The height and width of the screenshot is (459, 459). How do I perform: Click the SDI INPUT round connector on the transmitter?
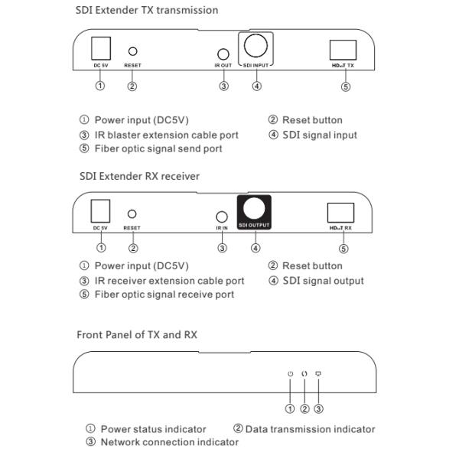[x=256, y=46]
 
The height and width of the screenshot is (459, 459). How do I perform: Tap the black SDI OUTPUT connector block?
[x=254, y=212]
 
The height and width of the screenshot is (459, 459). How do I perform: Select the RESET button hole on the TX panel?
[x=132, y=51]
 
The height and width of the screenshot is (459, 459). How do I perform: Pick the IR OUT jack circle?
[x=223, y=54]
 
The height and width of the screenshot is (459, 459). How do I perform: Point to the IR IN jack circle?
[x=222, y=217]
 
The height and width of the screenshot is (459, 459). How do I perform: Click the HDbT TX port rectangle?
[x=343, y=50]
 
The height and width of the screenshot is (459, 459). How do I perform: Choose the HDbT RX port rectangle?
[x=340, y=213]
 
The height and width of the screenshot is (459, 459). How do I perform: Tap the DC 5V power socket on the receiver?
[x=100, y=211]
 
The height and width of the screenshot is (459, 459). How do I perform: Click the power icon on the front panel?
[x=290, y=374]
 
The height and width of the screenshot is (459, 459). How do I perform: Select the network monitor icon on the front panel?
[x=318, y=374]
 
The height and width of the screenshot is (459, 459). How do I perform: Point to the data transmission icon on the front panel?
[x=304, y=374]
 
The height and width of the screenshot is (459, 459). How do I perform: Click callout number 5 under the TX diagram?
[x=346, y=86]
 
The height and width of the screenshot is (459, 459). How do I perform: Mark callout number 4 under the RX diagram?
[x=256, y=248]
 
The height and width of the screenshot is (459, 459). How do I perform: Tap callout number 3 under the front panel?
[x=318, y=409]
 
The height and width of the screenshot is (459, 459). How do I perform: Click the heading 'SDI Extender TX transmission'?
[x=147, y=10]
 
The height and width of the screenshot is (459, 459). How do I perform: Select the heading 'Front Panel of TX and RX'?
[x=137, y=334]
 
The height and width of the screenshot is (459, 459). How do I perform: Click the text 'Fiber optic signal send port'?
[x=158, y=148]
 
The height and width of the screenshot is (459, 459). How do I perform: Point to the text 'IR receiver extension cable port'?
[x=169, y=281]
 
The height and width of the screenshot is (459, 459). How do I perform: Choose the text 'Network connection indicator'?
[x=170, y=442]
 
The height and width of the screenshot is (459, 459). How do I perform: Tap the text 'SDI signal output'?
[x=323, y=281]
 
